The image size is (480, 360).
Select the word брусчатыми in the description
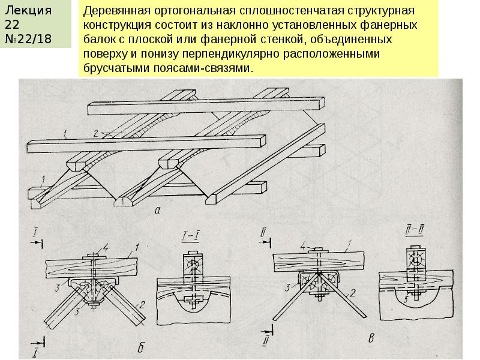pos(113,69)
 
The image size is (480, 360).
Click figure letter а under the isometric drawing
pos(157,210)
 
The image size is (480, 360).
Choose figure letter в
pos(371,340)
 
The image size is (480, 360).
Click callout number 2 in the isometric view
pos(94,132)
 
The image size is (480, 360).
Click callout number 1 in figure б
pos(137,245)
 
